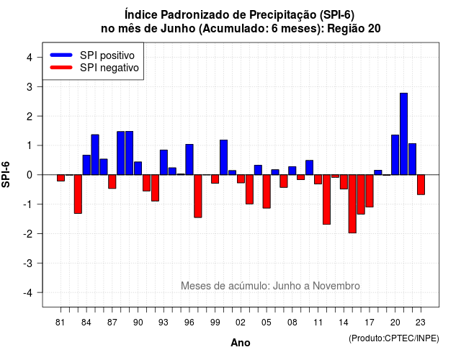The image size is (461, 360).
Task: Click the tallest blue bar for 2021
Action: (x=403, y=134)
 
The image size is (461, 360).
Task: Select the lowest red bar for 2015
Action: (x=352, y=204)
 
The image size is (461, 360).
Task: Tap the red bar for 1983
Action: (x=78, y=194)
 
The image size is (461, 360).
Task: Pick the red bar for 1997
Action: (x=198, y=196)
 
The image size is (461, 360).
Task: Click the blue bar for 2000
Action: (x=224, y=158)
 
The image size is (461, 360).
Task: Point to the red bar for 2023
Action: (x=421, y=184)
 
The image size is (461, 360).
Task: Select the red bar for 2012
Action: (x=326, y=199)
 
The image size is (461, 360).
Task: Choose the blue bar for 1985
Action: (x=95, y=155)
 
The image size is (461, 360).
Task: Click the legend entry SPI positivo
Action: (x=107, y=55)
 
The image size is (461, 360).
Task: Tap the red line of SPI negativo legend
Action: (x=61, y=68)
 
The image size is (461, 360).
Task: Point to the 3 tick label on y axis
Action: (x=30, y=87)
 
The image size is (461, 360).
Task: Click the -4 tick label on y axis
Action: (x=28, y=293)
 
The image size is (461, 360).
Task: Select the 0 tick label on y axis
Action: (x=30, y=175)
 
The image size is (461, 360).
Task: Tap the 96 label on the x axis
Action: (x=189, y=323)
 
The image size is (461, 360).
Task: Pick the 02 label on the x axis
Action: (x=241, y=323)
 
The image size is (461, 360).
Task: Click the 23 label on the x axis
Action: (x=421, y=323)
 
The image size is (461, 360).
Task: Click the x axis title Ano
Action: (x=241, y=343)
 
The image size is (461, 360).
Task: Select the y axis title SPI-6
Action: (x=6, y=174)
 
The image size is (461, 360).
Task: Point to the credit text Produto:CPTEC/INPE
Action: (x=394, y=338)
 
